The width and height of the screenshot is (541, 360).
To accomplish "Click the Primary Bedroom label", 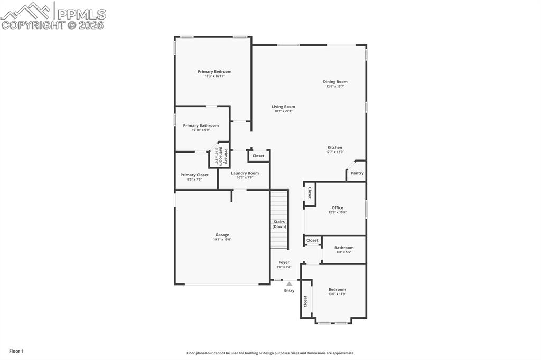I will coord(214,72).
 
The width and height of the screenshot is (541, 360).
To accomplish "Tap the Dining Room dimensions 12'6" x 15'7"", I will coord(335,87).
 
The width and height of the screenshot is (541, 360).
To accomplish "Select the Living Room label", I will coord(283,107).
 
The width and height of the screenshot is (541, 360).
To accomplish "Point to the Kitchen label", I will coord(334,148).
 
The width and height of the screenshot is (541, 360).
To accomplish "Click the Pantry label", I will coord(357,173).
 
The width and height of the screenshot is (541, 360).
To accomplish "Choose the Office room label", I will coord(337,208).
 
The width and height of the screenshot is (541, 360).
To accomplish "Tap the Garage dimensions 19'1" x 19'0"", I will coord(222,240).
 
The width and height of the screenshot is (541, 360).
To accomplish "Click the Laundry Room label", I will coord(245,173).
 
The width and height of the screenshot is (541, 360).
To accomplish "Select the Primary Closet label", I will coord(194,175).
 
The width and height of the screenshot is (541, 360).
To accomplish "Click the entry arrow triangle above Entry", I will coord(289,284).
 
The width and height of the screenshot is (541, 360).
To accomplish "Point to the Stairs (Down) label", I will coord(279,224).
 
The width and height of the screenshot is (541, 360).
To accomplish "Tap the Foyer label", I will coord(284,262).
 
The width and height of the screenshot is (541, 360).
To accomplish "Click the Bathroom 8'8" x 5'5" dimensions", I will coord(344,252).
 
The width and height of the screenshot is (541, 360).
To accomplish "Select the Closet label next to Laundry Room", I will coord(258,156).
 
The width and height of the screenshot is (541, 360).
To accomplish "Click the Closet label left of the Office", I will coord(310,194).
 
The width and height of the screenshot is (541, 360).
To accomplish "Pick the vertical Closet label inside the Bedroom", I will coord(305,301).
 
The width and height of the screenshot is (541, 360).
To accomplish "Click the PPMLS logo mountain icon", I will coord(26,11).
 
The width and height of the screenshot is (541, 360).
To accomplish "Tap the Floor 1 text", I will coord(16,351).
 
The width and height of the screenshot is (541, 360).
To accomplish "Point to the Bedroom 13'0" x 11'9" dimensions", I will coord(337,294).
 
